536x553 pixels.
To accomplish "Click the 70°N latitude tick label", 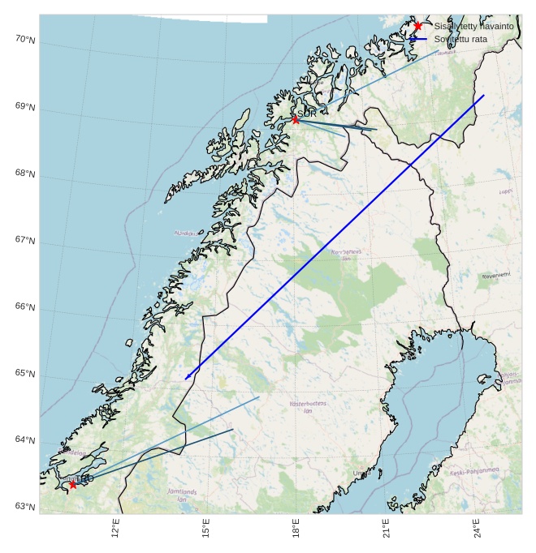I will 25,40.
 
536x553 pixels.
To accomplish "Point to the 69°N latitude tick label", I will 25,107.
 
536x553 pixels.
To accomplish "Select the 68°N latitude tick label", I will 25,174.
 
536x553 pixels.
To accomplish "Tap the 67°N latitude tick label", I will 25,241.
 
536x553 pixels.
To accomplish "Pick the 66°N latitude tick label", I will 25,307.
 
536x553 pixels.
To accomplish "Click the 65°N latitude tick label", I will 25,374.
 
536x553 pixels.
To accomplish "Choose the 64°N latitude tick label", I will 25,440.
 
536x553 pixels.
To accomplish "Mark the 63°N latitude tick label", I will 25,507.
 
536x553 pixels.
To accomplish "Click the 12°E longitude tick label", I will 116,529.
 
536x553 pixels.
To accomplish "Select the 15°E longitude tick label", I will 207,529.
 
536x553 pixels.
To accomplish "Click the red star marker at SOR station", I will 296,120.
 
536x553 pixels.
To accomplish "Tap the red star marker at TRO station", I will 73,484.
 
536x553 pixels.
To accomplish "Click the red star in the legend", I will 417,26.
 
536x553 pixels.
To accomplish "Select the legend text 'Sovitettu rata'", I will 460,39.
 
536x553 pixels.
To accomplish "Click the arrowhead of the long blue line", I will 187,377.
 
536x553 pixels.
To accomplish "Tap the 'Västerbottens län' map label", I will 309,407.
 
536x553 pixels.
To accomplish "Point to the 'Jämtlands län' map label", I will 182,495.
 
